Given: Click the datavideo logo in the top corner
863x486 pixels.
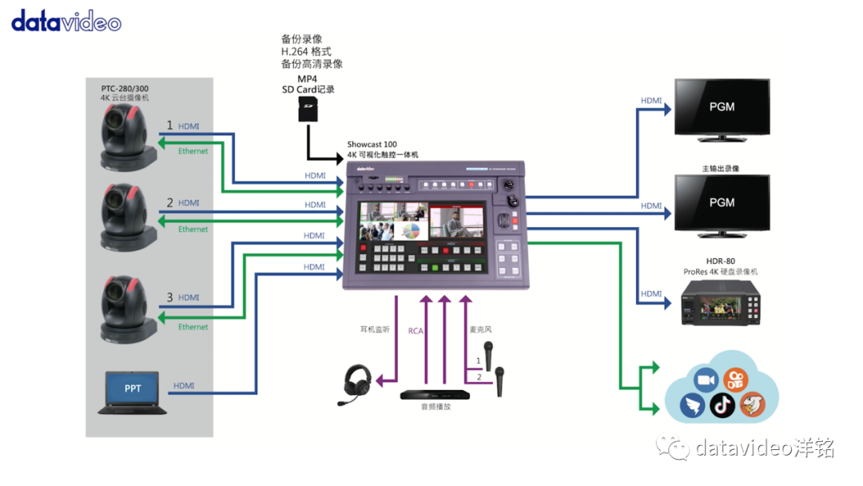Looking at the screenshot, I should (x=66, y=21).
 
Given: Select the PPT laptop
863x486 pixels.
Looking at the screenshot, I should (x=132, y=392).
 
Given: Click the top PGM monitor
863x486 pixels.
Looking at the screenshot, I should (x=722, y=107).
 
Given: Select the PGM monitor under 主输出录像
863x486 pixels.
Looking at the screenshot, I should (x=722, y=204).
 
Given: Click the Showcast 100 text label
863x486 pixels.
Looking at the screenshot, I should (x=372, y=145).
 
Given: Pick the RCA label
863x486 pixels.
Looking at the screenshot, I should (x=416, y=330).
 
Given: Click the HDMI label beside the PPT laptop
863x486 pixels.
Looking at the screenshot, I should (x=184, y=386).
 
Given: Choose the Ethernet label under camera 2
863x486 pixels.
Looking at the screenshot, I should (x=193, y=229).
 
